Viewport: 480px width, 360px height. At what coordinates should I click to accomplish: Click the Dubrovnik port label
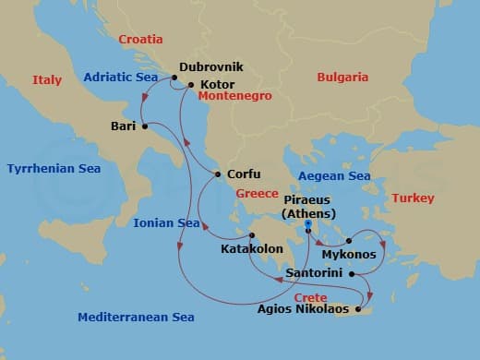pos(212,68)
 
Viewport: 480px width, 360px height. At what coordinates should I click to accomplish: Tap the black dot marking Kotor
pos(191,85)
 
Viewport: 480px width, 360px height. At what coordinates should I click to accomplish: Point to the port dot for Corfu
pos(217,174)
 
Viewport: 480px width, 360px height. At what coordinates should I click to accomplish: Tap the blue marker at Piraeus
pos(310,223)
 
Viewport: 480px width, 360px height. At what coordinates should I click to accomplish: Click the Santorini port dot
pos(353,273)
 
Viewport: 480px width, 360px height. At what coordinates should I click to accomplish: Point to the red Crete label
pos(310,297)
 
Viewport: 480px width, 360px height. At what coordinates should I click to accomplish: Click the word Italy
pos(47,80)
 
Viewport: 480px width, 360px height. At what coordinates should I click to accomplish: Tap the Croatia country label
pos(140,40)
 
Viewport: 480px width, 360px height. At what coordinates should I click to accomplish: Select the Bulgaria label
pos(342,78)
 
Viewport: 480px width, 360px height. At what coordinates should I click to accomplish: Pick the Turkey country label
pos(412,198)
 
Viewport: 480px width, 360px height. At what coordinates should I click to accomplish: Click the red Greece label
pos(257,194)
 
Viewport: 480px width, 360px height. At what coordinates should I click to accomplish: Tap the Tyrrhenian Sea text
pos(54,169)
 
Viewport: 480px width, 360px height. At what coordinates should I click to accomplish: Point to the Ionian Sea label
pos(166,223)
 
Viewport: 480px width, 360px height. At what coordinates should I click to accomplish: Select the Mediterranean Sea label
pos(136,317)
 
